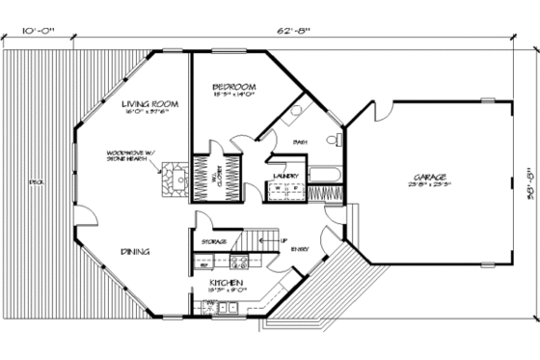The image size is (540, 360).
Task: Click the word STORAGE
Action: tap(213, 241)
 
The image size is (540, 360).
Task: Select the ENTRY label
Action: tap(300, 250)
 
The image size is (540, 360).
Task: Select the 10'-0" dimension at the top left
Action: tap(37, 31)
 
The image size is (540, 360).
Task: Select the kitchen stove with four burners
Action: tap(240, 261)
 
